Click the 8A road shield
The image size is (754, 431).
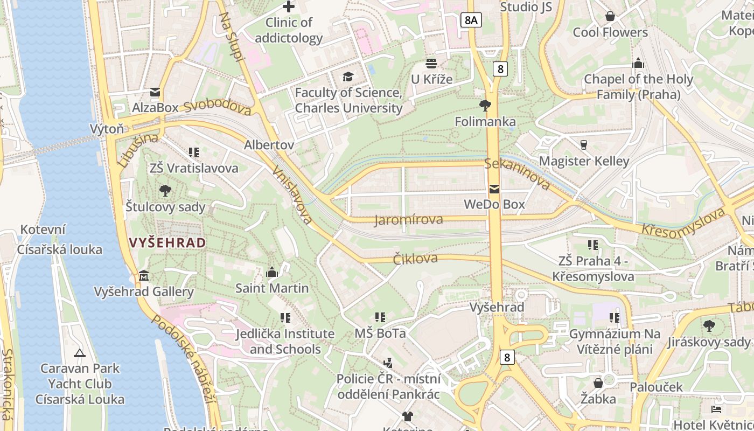point(471,20)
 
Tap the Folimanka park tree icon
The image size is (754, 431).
point(485,106)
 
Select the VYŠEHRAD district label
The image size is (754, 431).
point(167,243)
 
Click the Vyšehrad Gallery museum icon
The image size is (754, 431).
point(144,276)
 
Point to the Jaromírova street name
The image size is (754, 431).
point(409,219)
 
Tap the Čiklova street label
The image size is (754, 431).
point(415,258)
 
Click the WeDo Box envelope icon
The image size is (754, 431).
point(494,189)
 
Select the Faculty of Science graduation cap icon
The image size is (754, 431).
point(348,77)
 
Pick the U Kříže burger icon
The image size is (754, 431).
point(431,64)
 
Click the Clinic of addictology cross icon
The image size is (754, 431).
point(289,7)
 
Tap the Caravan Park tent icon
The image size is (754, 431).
point(80,353)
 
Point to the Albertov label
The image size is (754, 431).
point(269,145)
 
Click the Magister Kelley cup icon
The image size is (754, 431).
point(583,145)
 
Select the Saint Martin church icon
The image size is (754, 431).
point(272,272)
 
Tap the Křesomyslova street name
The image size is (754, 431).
point(683,221)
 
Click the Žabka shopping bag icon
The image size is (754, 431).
point(598,383)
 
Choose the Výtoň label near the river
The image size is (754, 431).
point(107,129)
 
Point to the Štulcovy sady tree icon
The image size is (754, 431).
point(165,190)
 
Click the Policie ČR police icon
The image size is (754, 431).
point(388,363)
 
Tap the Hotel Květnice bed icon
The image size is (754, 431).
point(716,410)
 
